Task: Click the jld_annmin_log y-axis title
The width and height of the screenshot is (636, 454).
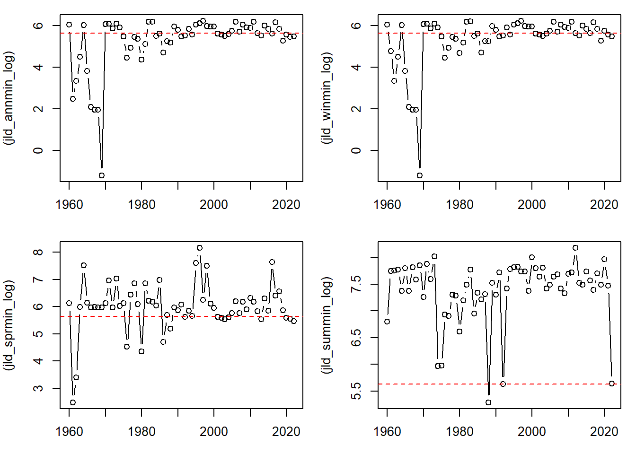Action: tap(9, 98)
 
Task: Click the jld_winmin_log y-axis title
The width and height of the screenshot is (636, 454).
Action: tap(327, 98)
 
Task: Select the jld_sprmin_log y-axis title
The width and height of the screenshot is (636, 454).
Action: tap(9, 325)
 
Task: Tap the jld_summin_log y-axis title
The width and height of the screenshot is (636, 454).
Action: tap(327, 325)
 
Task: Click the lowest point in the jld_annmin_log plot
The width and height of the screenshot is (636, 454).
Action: tap(102, 175)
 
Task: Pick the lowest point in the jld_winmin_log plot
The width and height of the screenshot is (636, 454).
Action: tap(420, 175)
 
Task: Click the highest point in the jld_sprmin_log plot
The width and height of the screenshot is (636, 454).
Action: tap(200, 248)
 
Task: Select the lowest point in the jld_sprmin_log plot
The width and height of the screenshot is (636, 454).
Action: tap(73, 402)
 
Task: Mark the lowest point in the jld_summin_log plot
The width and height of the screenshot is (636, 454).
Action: tap(488, 402)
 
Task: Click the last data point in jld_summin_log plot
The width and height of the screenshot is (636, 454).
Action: tap(612, 384)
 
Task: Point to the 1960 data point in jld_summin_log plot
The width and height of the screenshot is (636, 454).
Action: tap(387, 322)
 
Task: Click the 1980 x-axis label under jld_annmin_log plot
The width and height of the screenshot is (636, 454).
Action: tap(141, 205)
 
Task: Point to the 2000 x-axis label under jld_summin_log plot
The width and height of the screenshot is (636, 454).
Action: tap(532, 432)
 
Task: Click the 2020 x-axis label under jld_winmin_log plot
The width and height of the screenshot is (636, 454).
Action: tap(604, 205)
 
